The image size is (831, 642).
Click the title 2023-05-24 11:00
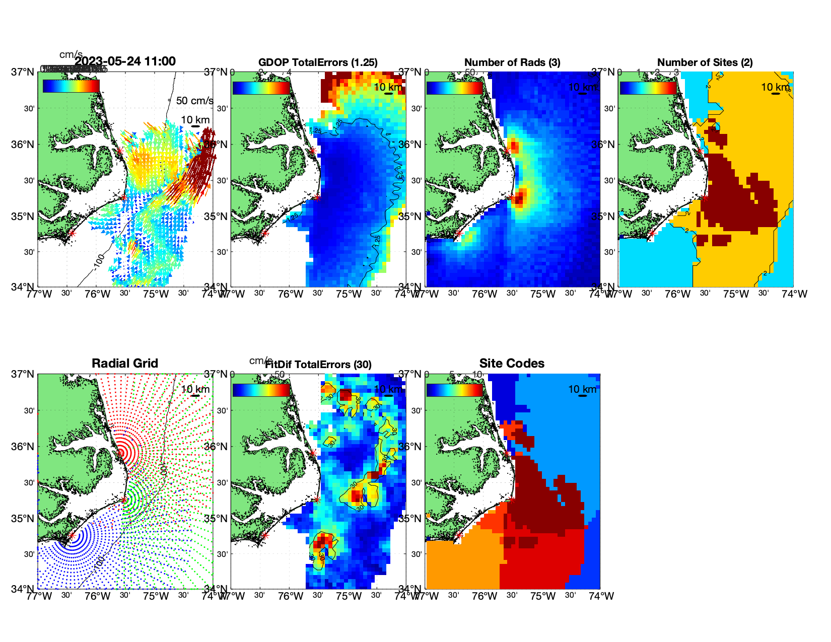125,61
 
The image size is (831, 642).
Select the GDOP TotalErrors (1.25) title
318,62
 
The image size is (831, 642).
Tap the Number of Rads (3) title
512,62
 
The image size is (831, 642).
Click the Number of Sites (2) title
705,62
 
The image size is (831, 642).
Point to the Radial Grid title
125,364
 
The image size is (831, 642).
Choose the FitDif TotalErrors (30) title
318,365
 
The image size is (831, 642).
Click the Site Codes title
512,364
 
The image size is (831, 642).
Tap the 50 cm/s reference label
194,101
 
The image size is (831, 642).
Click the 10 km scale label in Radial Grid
195,389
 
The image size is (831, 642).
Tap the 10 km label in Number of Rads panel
582,87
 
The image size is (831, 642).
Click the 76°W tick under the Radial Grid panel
97,596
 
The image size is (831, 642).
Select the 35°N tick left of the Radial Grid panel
24,519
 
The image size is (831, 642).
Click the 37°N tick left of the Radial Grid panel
24,374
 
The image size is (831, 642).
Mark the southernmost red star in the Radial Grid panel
72,536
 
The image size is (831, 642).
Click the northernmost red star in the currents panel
120,151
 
